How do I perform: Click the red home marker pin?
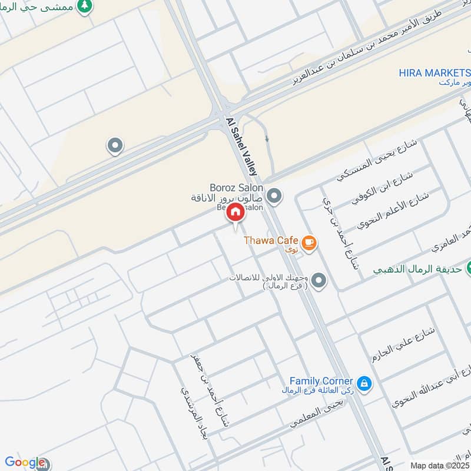(235, 213)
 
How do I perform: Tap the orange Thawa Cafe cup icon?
(309, 242)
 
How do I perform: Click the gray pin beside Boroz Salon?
(274, 194)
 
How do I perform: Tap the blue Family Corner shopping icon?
(364, 383)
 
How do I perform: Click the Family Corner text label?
(321, 382)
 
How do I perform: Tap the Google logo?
(24, 462)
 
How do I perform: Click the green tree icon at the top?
(86, 5)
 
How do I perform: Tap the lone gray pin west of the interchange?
(115, 145)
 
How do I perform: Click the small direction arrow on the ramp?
(267, 139)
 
